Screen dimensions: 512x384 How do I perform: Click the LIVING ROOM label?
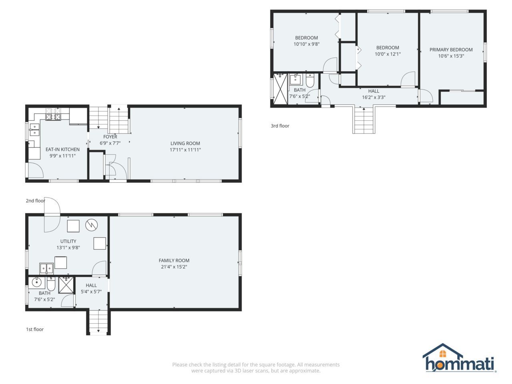tap(185, 143)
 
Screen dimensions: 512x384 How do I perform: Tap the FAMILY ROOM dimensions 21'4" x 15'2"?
tap(174, 267)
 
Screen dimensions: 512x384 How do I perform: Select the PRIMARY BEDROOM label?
tap(451, 50)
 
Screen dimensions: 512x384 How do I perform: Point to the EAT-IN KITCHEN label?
tap(62, 150)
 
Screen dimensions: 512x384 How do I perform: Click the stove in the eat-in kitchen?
tap(53, 114)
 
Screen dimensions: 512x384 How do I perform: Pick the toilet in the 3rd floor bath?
tap(310, 80)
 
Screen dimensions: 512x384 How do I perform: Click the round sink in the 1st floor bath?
tap(37, 283)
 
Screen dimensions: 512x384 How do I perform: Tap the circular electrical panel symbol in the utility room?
tap(92, 225)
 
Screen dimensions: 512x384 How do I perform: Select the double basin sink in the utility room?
tap(47, 269)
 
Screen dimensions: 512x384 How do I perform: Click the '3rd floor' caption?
tap(280, 126)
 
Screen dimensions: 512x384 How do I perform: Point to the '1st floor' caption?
tap(35, 329)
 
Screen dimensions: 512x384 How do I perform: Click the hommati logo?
tap(460, 358)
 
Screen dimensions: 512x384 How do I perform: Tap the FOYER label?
tap(110, 137)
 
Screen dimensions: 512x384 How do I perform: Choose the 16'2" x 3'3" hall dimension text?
tap(374, 98)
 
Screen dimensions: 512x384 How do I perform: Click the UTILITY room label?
tap(68, 241)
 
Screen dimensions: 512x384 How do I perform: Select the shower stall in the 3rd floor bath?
tap(280, 88)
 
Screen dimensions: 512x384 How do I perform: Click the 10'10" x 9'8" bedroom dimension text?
tap(306, 44)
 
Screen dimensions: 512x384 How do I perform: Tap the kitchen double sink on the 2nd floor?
tap(34, 130)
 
